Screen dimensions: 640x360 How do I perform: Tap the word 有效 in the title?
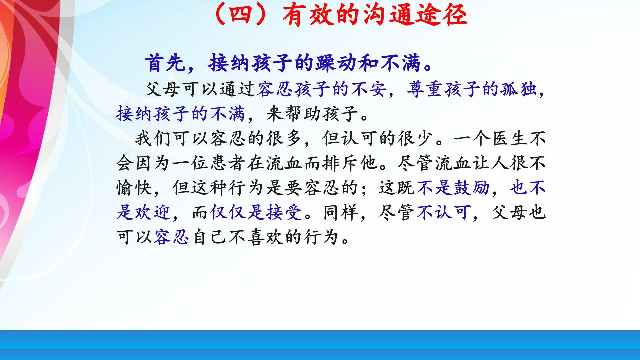(308, 15)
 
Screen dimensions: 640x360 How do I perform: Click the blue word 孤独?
(518, 89)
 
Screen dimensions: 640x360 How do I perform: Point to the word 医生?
(508, 138)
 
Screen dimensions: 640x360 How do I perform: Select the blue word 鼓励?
(471, 188)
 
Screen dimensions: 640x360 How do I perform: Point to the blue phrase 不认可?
(443, 212)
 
